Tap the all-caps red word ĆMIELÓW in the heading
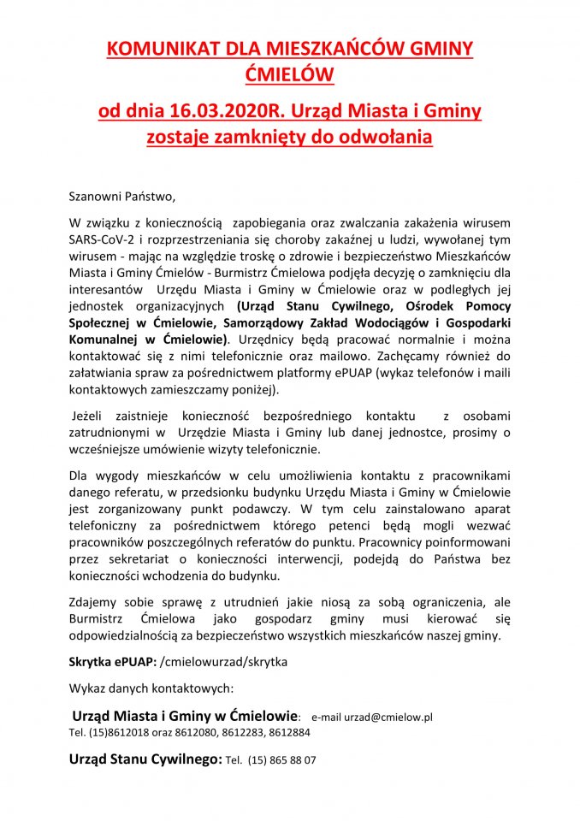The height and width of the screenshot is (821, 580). coord(289,75)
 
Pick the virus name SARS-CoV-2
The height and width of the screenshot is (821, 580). coord(103,238)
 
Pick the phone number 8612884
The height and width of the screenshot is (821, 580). coord(288,732)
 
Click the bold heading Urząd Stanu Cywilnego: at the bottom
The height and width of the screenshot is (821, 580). coord(145,759)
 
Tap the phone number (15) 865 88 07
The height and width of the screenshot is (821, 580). coord(282,759)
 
